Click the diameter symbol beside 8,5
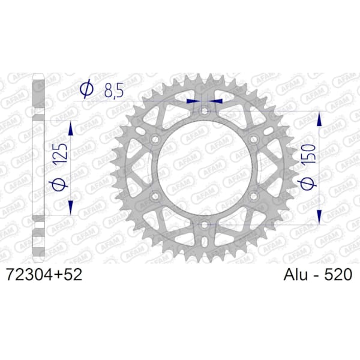coord(86,90)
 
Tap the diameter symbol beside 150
coord(308,185)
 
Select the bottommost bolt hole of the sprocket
coord(205,224)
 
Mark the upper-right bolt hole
coord(254,139)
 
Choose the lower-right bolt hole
coord(254,196)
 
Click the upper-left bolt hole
coord(155,139)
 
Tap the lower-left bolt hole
coord(155,196)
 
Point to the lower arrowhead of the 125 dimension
coord(71,208)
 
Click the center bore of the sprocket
coord(205,168)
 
